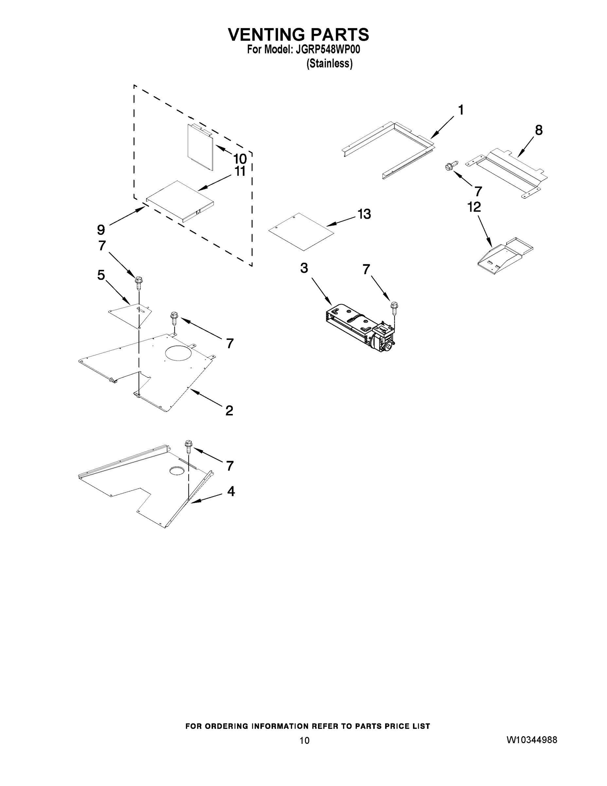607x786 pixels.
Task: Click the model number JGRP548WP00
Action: click(328, 50)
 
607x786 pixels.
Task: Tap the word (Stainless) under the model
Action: click(329, 64)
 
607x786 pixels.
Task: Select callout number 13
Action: click(364, 214)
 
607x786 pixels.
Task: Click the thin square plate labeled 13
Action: click(301, 232)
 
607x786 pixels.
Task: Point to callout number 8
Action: click(539, 130)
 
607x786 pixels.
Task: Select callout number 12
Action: click(474, 207)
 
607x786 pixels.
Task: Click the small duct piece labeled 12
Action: click(505, 256)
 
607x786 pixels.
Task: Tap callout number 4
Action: click(231, 491)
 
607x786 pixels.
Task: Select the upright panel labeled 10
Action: click(200, 148)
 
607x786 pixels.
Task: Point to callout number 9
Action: click(101, 229)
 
